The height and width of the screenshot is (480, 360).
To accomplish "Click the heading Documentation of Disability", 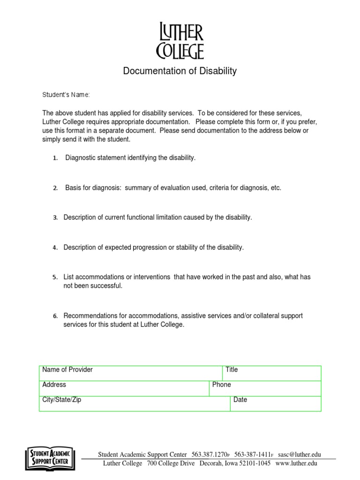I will click(x=180, y=71).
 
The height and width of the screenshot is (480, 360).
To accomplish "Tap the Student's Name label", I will click(x=66, y=95).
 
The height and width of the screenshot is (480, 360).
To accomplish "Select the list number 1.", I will click(x=55, y=158).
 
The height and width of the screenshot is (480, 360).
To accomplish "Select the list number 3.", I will click(x=55, y=217).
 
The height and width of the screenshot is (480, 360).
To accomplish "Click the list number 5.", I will click(x=55, y=277).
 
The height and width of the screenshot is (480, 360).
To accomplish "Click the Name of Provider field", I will click(x=131, y=373).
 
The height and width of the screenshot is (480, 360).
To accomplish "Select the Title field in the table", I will click(x=272, y=373).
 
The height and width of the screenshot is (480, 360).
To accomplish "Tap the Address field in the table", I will click(x=124, y=388).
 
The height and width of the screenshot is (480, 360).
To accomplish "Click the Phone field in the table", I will click(x=265, y=388).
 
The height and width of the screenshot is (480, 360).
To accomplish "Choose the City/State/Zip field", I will click(x=135, y=404).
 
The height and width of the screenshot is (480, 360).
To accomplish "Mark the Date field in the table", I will click(x=276, y=404).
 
